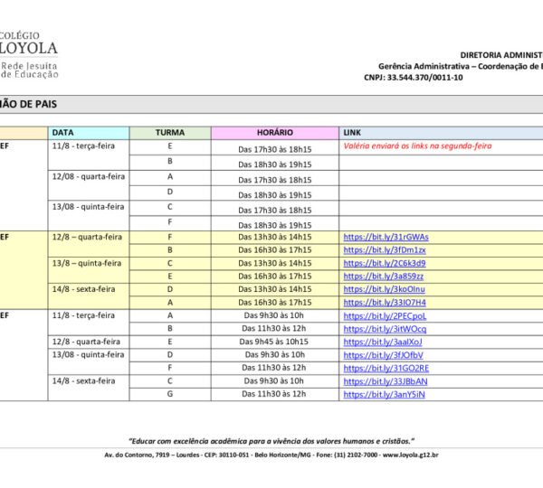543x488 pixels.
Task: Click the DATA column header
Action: [x=63, y=133]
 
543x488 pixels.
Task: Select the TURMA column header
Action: [x=169, y=133]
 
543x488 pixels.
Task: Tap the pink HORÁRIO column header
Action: [x=274, y=133]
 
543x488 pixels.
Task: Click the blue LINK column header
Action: [x=352, y=133]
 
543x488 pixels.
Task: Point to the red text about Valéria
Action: [x=417, y=145]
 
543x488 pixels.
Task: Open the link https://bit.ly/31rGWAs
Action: [x=386, y=237]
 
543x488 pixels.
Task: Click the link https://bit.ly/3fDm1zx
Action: [x=385, y=250]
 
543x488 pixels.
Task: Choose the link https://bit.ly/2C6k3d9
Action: [x=385, y=263]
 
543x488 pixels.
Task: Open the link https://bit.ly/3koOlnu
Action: [x=385, y=289]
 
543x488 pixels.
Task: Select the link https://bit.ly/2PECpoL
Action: [x=385, y=315]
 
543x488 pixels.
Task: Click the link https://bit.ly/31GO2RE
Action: [x=386, y=368]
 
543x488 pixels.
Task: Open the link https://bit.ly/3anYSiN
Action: [x=385, y=394]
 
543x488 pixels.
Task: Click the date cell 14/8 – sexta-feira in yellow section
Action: [x=84, y=289]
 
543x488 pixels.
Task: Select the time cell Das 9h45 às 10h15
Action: [x=274, y=342]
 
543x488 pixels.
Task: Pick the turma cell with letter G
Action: [x=169, y=394]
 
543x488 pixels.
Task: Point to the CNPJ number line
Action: [x=424, y=78]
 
